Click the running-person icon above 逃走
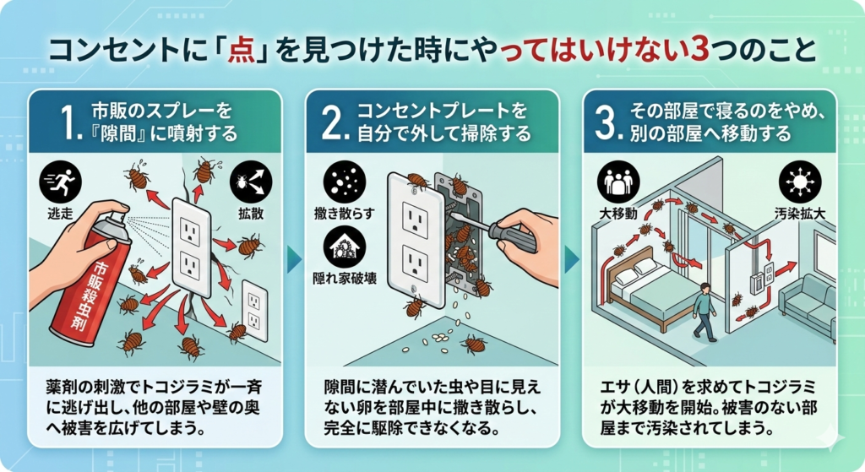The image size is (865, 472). tap(58, 180)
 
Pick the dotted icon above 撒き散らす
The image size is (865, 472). tap(343, 180)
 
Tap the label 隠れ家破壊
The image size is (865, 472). tap(343, 277)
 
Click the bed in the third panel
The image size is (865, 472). tap(650, 291)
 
